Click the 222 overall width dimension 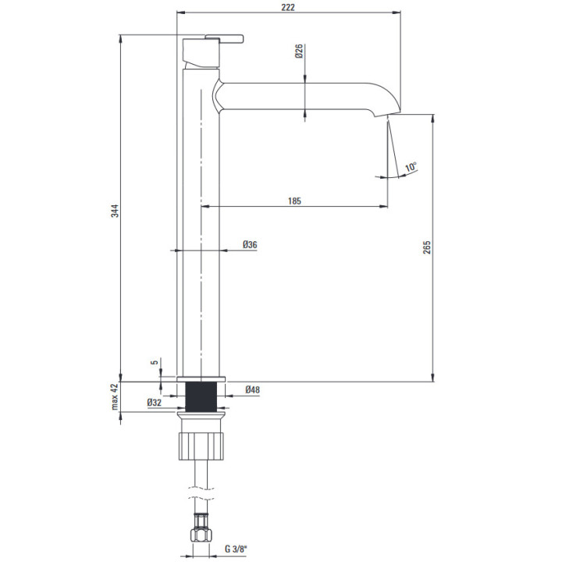coord(288,7)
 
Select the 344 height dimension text coord(114,211)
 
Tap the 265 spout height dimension coord(426,247)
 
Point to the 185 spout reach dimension coord(294,201)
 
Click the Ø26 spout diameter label coord(299,51)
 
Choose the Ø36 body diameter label coord(250,244)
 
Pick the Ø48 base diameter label coord(252,389)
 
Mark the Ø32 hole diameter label coord(154,403)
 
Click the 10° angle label coord(411,167)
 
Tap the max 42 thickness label coord(114,397)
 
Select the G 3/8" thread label coord(237,549)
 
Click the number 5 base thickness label coord(155,362)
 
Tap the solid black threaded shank coord(201,397)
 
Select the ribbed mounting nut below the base coord(201,446)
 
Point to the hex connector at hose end coord(201,535)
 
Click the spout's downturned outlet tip coord(387,111)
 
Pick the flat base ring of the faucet coord(201,379)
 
